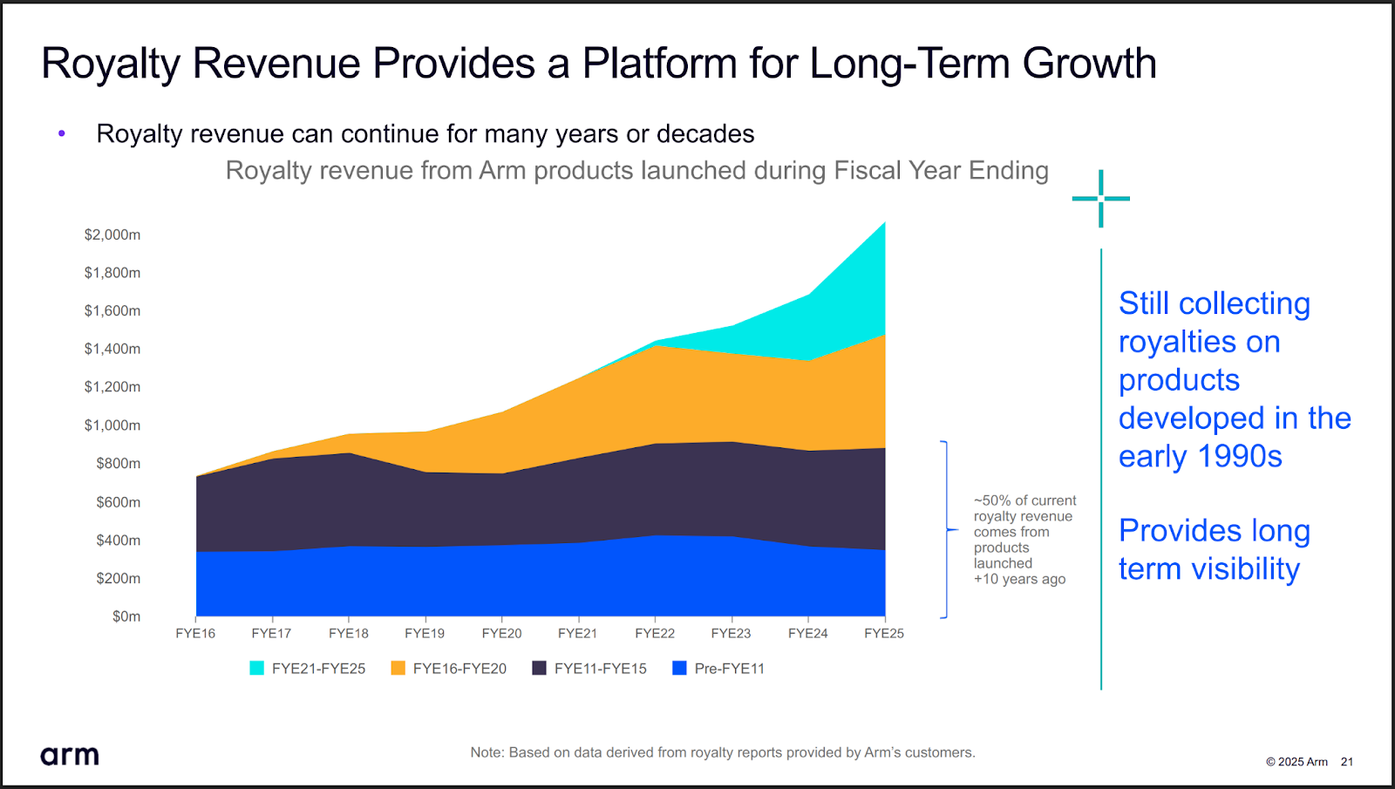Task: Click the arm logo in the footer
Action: coord(70,755)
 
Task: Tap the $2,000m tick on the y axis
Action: coord(112,235)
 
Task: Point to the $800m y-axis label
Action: coord(118,463)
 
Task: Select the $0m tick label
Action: coord(126,616)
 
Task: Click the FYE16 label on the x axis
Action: coord(195,633)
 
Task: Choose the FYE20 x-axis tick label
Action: coord(501,633)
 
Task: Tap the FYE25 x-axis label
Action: coord(884,633)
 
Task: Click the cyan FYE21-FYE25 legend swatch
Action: coord(256,668)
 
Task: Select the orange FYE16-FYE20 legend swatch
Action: coord(398,668)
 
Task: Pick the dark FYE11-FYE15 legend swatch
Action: coord(539,668)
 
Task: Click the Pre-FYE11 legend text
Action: coord(729,669)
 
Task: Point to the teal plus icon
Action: coord(1100,199)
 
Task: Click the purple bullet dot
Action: coord(62,133)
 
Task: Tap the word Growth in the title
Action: coord(1089,64)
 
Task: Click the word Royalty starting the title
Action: coord(109,64)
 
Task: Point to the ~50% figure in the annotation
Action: coord(991,500)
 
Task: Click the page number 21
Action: coord(1347,761)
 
